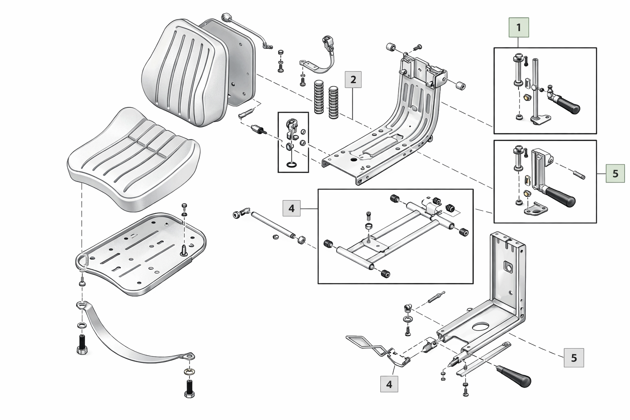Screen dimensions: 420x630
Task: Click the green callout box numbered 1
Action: [518, 27]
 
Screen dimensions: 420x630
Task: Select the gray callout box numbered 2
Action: [353, 79]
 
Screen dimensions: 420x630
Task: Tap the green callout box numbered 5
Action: [615, 173]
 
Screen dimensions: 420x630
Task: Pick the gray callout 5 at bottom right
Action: [573, 358]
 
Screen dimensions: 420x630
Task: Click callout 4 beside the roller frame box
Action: [292, 208]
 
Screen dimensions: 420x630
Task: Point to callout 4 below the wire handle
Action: [389, 384]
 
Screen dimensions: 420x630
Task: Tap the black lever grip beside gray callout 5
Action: [515, 375]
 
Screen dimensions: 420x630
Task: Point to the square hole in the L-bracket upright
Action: [509, 267]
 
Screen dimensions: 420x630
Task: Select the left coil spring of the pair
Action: [319, 97]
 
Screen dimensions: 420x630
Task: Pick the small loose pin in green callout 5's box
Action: [579, 174]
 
